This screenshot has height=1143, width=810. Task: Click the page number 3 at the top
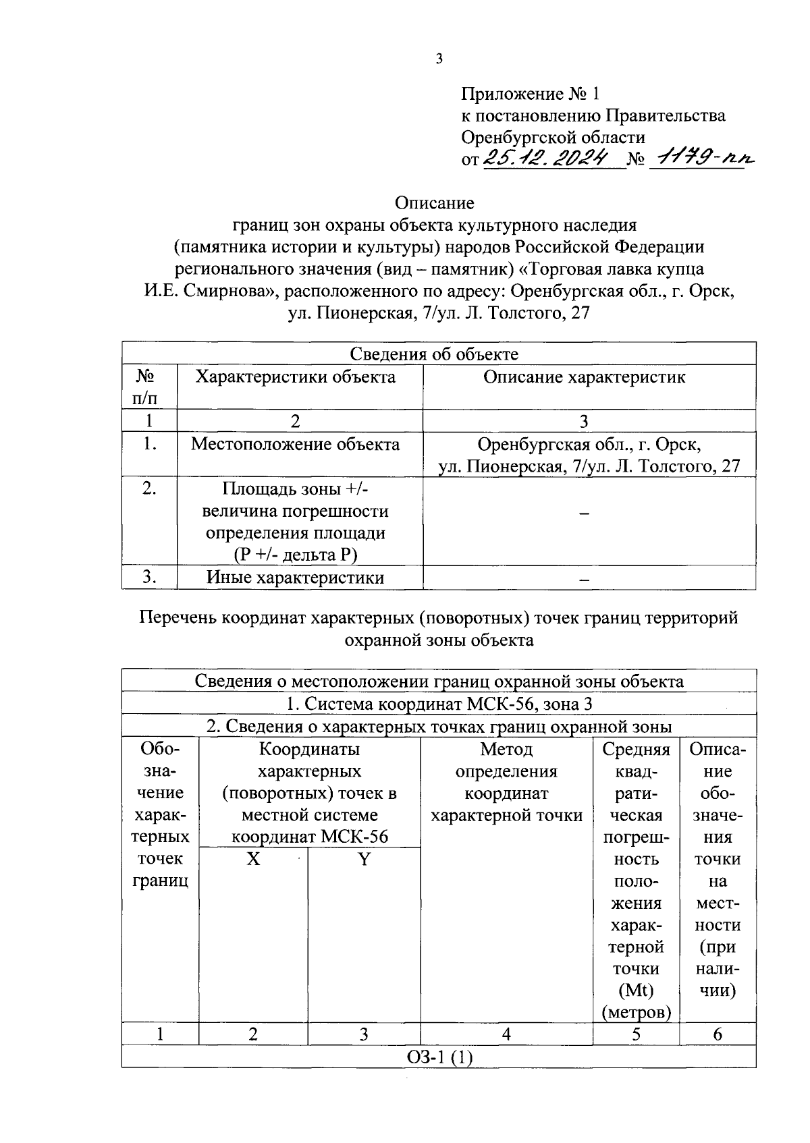click(x=439, y=59)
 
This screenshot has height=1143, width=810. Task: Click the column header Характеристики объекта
click(x=296, y=377)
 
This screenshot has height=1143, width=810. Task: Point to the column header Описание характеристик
click(x=584, y=377)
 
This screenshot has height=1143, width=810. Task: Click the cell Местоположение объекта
click(x=296, y=444)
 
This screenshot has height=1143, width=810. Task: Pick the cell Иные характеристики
click(x=296, y=578)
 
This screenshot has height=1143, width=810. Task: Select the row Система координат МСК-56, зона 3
click(x=438, y=704)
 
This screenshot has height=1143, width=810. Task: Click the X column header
click(x=253, y=860)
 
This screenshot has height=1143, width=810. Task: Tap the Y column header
click(x=364, y=860)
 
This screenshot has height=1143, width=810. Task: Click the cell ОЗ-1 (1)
click(x=438, y=1057)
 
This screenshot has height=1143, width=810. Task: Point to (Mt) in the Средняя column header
click(x=636, y=991)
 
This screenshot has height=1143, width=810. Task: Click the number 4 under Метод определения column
click(x=506, y=1034)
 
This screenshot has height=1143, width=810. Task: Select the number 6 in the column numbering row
click(x=718, y=1034)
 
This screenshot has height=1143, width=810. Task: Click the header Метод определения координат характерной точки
click(x=506, y=783)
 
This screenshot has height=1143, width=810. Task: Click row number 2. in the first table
click(x=149, y=489)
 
